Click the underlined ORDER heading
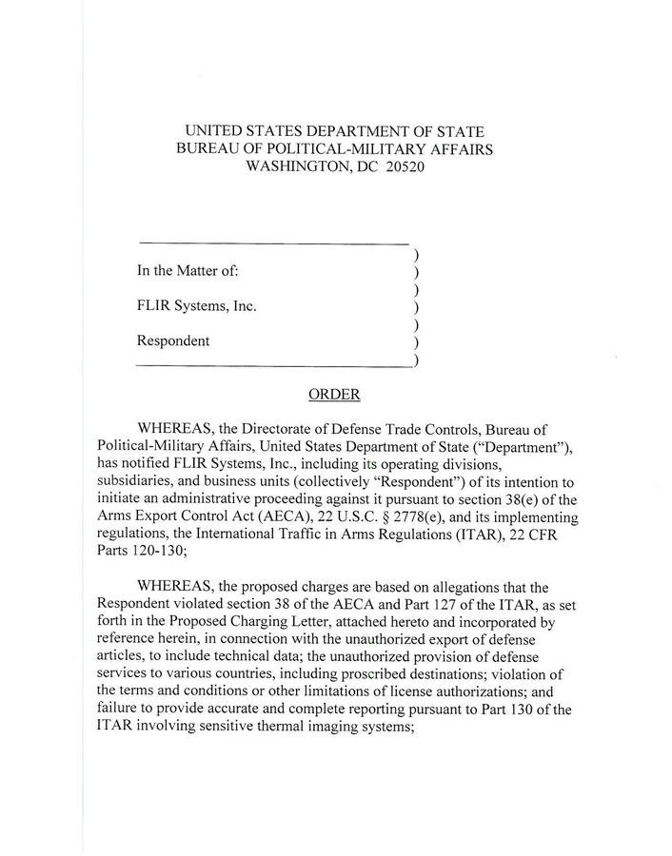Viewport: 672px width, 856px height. pos(334,394)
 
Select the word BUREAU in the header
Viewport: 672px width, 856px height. pos(211,148)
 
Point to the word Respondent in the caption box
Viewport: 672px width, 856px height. pos(172,340)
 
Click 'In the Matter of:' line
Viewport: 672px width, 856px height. pos(188,271)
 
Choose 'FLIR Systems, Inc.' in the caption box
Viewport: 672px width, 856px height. pos(196,306)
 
